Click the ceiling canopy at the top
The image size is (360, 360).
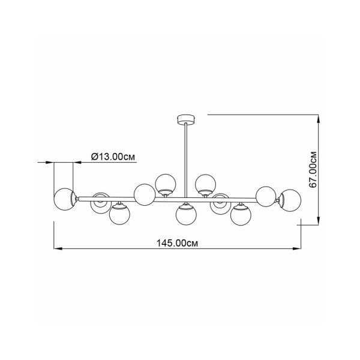(x=186, y=119)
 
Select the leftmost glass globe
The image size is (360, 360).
(x=65, y=199)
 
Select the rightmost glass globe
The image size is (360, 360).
(x=290, y=200)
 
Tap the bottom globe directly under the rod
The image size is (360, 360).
(x=186, y=215)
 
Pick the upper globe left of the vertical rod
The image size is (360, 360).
(x=166, y=184)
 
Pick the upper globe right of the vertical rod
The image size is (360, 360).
(x=205, y=185)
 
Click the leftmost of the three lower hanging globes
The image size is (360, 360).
(x=119, y=214)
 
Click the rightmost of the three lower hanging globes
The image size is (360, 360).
(x=241, y=215)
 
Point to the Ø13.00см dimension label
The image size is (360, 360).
(x=113, y=157)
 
